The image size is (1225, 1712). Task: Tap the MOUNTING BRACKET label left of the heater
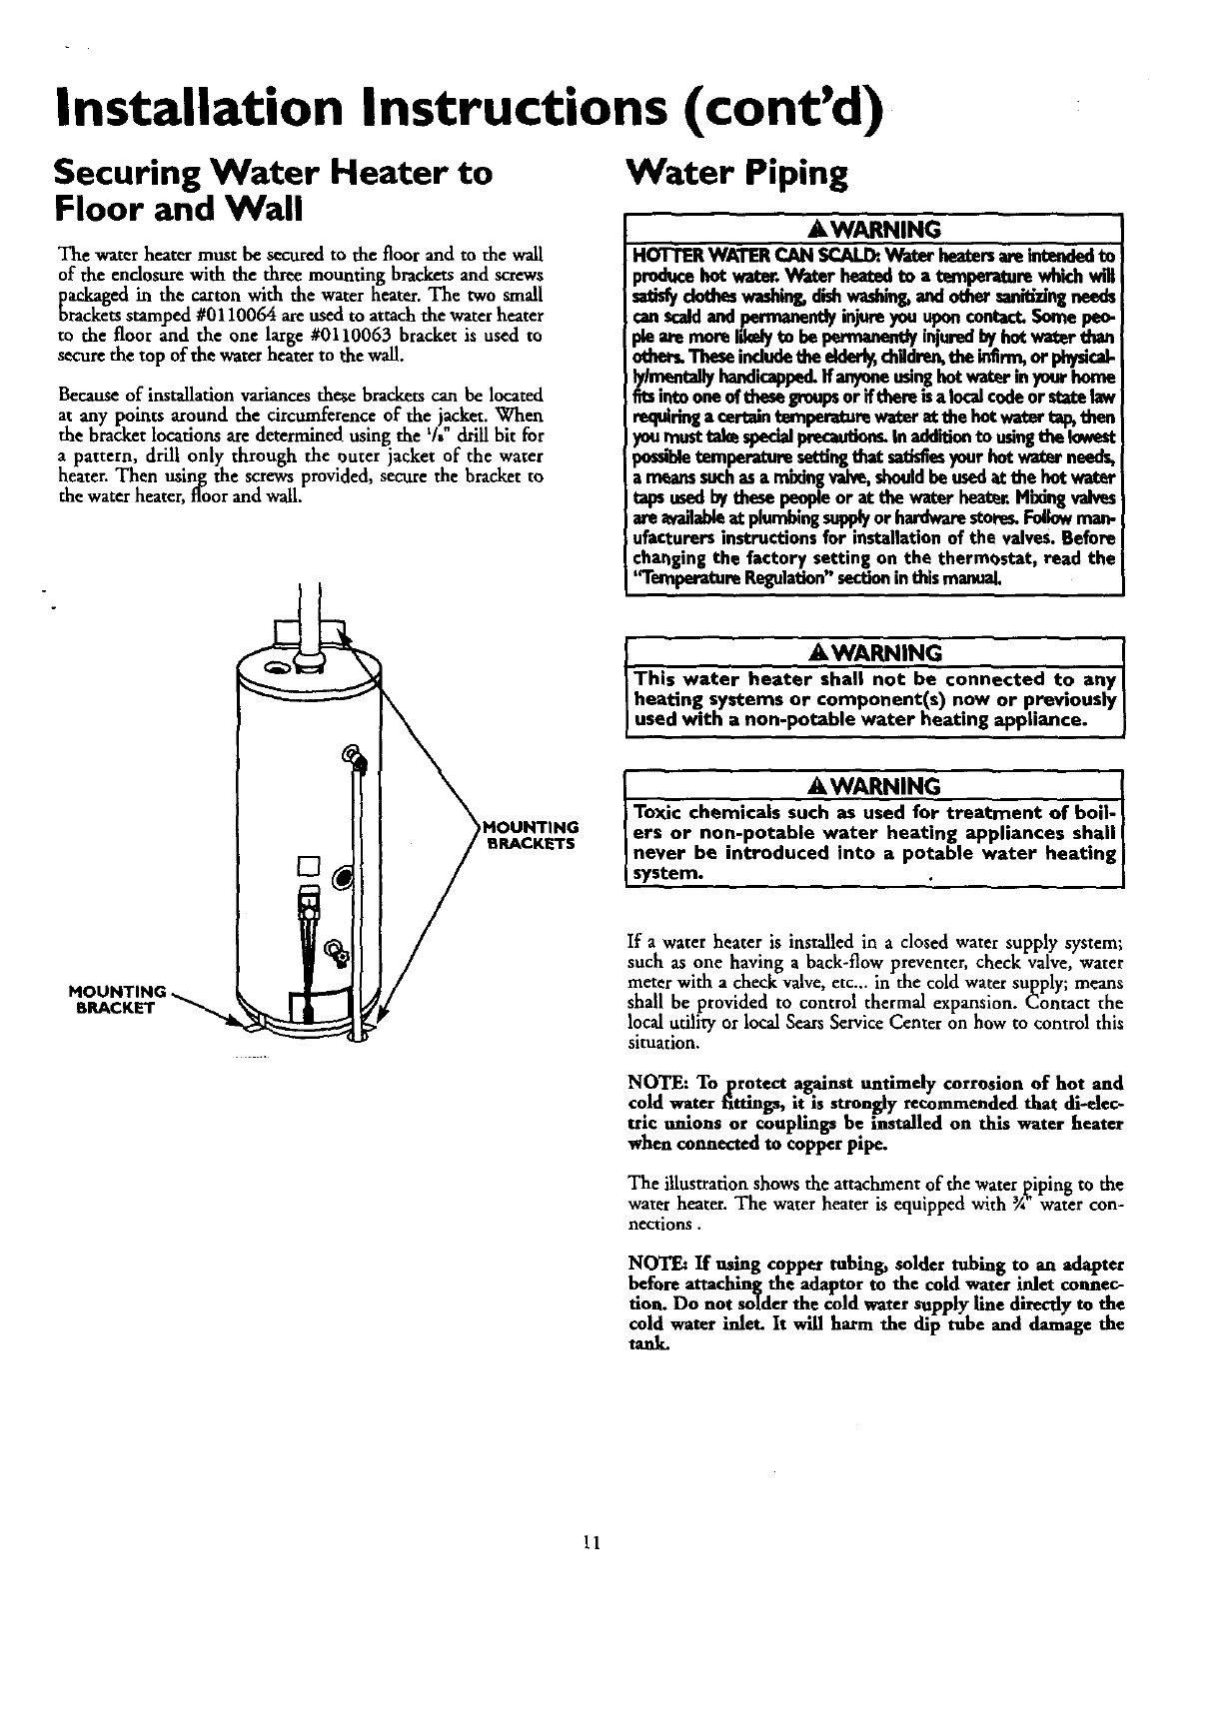click(x=116, y=999)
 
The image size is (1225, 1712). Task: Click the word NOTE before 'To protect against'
click(x=646, y=1083)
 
